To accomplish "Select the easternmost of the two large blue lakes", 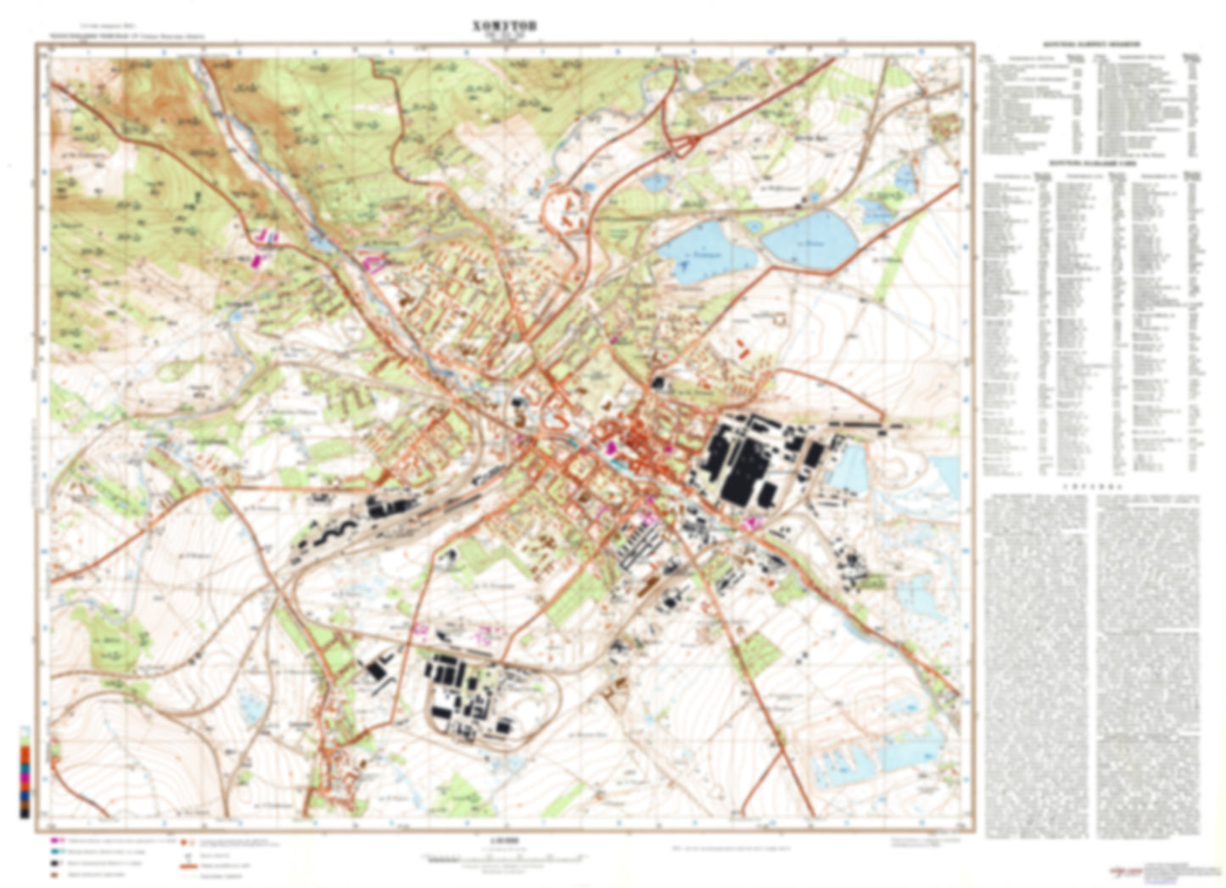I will click(808, 237).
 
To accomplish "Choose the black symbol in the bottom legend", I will click(56, 862).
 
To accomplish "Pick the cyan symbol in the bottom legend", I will click(56, 851).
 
